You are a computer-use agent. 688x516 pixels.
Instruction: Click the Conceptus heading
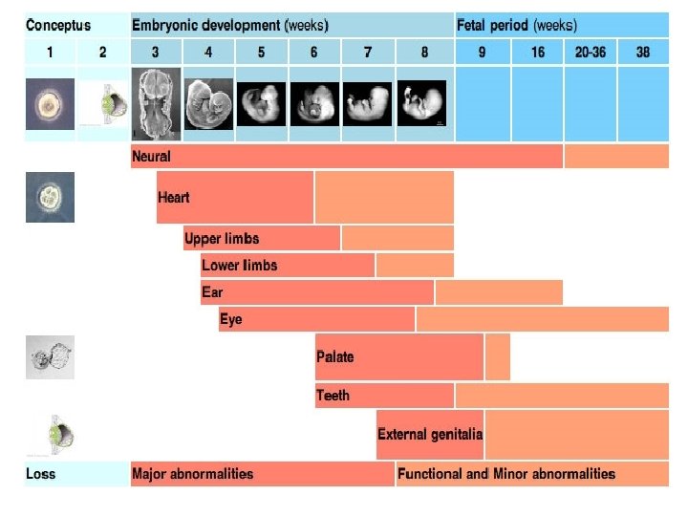click(x=58, y=25)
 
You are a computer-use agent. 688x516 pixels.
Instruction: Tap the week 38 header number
click(x=643, y=52)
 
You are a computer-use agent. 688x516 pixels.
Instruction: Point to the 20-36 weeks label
click(x=590, y=52)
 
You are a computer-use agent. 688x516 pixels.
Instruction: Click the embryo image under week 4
click(x=207, y=104)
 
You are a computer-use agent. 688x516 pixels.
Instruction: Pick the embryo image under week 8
click(x=423, y=104)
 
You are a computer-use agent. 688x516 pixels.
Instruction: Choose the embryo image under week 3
click(x=154, y=104)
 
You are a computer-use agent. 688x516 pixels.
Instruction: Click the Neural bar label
click(x=152, y=156)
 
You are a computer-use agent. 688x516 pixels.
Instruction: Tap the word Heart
click(x=174, y=198)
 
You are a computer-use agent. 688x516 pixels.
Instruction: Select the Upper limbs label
click(x=222, y=238)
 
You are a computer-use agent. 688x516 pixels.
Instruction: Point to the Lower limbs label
click(x=241, y=265)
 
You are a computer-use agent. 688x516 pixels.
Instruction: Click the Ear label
click(x=212, y=291)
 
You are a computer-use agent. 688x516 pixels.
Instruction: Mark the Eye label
click(x=231, y=319)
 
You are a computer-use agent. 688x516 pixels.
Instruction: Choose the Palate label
click(x=335, y=356)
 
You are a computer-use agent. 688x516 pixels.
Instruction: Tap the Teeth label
click(x=333, y=395)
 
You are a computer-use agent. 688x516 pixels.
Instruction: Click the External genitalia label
click(x=430, y=434)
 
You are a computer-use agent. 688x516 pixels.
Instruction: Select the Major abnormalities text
click(x=193, y=473)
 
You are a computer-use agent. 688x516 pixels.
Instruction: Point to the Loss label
click(x=41, y=473)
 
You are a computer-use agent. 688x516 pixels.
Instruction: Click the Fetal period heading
click(x=517, y=25)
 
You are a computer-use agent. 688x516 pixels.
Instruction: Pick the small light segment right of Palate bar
click(x=498, y=356)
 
